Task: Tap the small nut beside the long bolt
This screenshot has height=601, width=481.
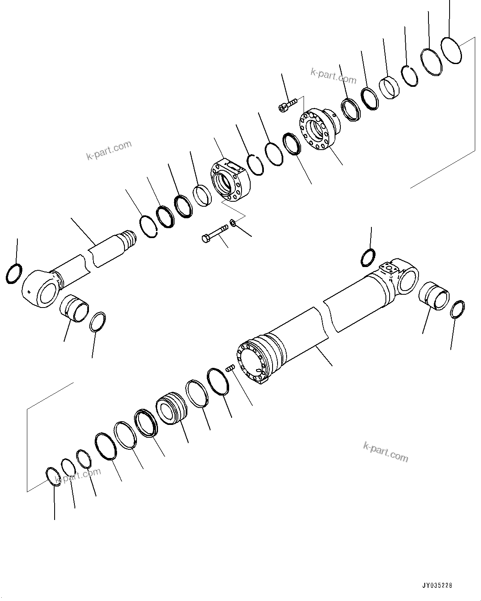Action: (x=233, y=223)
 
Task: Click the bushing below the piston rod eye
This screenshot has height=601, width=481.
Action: (x=75, y=309)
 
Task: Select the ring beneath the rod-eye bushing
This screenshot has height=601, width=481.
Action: (x=98, y=322)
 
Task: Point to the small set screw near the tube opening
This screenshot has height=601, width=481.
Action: (x=230, y=367)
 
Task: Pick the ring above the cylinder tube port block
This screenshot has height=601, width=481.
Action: (x=368, y=258)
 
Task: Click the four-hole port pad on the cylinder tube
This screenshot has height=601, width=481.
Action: (x=389, y=268)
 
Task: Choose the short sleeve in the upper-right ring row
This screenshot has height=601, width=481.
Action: (x=389, y=87)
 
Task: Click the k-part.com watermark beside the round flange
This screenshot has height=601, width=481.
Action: (x=333, y=76)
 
